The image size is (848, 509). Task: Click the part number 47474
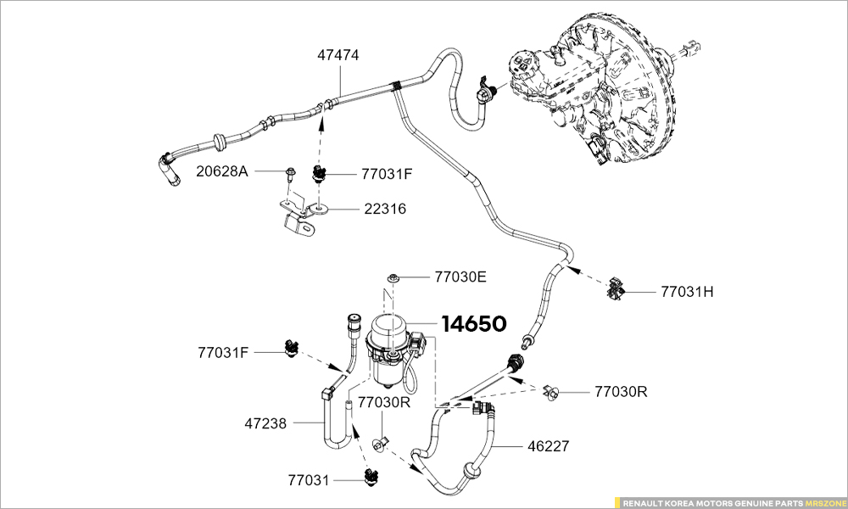tap(338, 55)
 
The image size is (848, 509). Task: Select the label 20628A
tap(222, 171)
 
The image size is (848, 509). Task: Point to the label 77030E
tap(460, 277)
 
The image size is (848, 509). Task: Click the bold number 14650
tap(473, 324)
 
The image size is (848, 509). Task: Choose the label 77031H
tap(687, 292)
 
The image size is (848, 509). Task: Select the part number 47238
tap(266, 422)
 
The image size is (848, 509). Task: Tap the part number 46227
tap(548, 445)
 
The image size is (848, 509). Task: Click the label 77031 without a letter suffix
tap(310, 480)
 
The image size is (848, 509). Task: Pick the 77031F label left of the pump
tap(224, 351)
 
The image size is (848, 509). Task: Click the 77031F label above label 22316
tap(387, 174)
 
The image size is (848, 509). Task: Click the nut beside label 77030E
tap(394, 277)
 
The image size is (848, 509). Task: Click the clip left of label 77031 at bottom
tap(370, 478)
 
